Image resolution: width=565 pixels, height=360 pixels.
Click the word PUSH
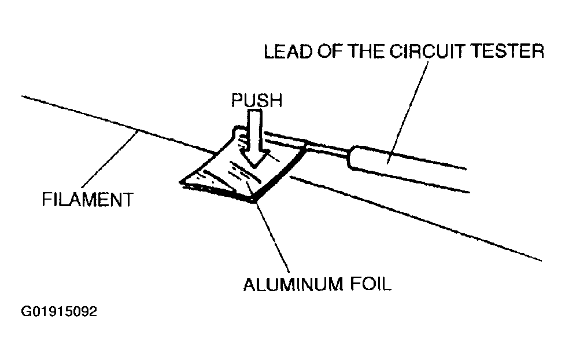coord(256,101)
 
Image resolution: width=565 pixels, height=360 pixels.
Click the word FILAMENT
coord(87,200)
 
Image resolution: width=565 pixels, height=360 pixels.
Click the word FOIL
coord(370,285)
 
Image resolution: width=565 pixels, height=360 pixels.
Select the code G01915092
coord(58,312)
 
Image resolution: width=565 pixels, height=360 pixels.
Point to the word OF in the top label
coord(328,52)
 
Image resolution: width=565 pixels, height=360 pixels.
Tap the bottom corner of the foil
coord(254,200)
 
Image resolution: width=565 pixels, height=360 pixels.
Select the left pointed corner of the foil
coord(183,183)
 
